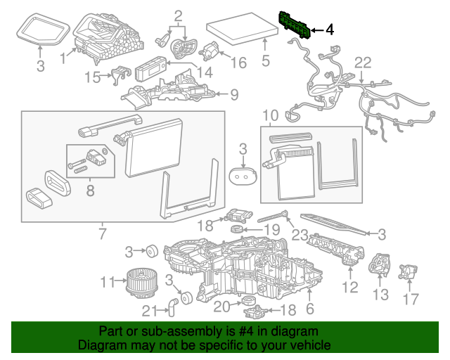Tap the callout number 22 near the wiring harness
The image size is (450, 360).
[361, 63]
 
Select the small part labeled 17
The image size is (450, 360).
[406, 272]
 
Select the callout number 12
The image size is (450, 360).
[349, 287]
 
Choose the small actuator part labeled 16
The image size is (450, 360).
[210, 50]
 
